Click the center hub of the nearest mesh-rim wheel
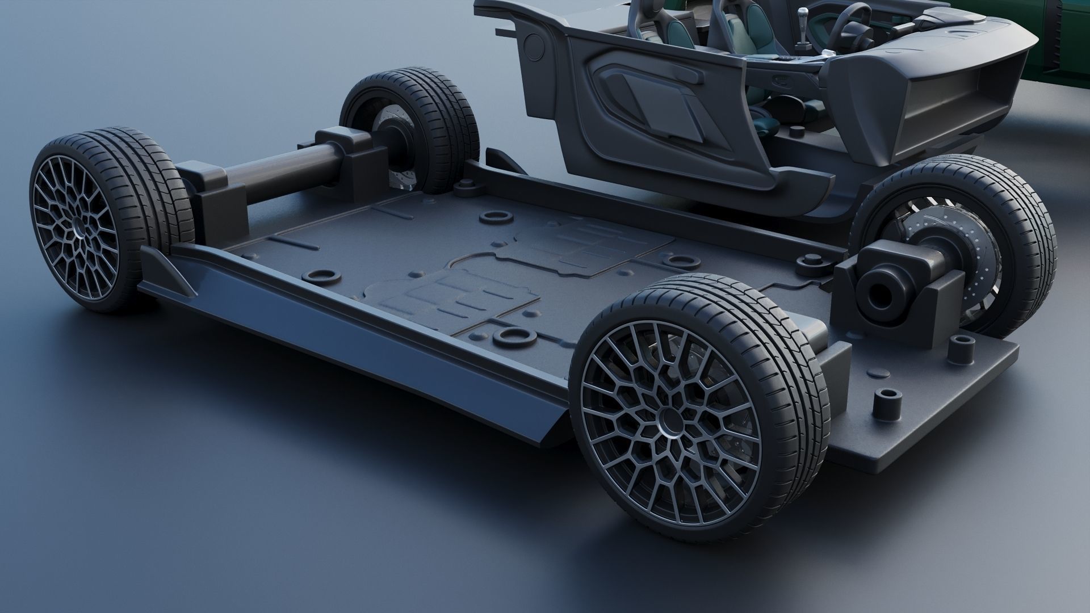coord(669,423)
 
